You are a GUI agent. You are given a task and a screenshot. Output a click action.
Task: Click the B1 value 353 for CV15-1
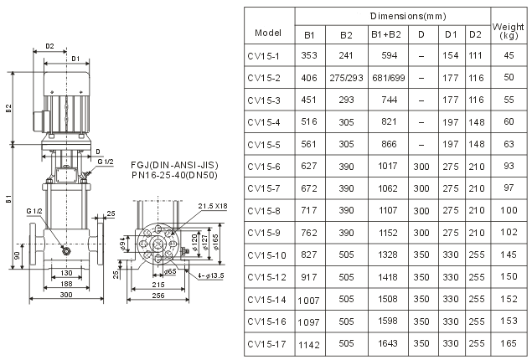point(309,55)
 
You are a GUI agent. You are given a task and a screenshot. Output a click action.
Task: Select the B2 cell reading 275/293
point(346,78)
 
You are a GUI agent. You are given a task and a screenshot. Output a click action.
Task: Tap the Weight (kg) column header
point(509,31)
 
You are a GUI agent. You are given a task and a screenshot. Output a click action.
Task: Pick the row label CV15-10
point(266,255)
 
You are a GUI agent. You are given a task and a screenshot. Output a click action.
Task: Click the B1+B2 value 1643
point(388,344)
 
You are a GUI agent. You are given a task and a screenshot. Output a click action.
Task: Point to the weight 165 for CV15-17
point(509,343)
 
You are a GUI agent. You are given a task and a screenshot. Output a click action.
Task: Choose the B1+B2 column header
point(386,34)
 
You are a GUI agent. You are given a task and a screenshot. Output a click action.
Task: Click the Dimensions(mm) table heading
point(408,16)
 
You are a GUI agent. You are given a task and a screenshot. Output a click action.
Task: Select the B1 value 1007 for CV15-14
point(309,301)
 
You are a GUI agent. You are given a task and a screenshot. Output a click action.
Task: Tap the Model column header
point(268,33)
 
